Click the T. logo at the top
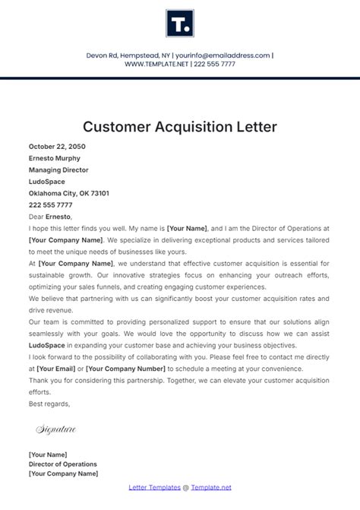[179, 24]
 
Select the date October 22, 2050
[56, 147]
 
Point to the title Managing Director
[58, 170]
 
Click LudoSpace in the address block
[47, 182]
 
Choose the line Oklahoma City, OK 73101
[69, 193]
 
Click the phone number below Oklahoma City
[51, 205]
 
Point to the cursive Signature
[55, 430]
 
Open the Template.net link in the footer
[211, 487]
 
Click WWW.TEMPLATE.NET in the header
[156, 64]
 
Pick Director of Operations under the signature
[63, 464]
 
